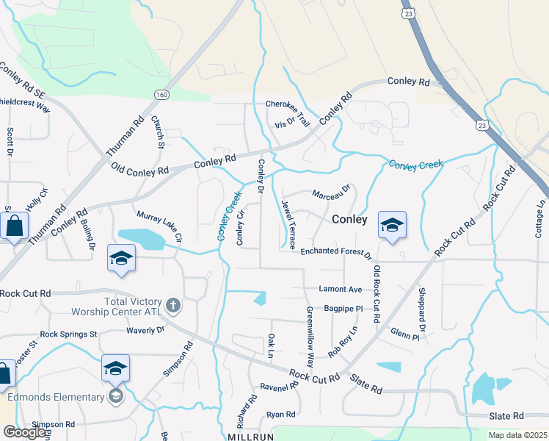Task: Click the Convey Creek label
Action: click(416, 165)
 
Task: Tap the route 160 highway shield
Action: click(161, 94)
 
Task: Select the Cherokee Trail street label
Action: click(288, 105)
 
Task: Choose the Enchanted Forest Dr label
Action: click(336, 253)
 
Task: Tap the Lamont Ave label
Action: click(341, 290)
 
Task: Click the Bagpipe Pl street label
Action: click(344, 309)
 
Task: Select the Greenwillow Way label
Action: click(310, 337)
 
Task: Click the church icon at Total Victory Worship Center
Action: click(173, 304)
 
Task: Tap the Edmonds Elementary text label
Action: click(57, 397)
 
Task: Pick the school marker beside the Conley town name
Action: click(392, 224)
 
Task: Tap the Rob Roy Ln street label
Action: click(343, 343)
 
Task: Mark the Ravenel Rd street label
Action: click(279, 385)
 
